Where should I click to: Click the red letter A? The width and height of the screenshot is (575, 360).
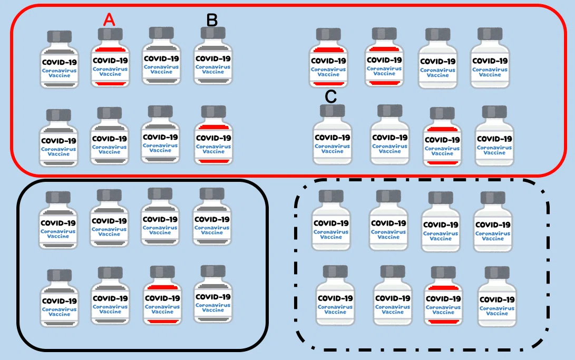(109, 20)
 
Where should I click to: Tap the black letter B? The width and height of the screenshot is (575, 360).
(212, 20)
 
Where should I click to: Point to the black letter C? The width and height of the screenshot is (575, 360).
(331, 97)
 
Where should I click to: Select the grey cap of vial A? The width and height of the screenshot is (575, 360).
(110, 34)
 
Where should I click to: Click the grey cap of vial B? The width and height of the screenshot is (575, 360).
(213, 33)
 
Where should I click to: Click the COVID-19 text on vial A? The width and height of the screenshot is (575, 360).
(110, 61)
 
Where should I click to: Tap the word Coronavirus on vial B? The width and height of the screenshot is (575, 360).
(213, 67)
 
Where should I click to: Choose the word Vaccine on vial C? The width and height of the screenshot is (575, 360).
(332, 151)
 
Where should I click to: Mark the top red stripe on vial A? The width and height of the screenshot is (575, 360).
(110, 50)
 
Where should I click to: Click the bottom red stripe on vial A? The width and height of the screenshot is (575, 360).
(110, 84)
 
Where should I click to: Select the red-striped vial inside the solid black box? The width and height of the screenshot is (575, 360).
(162, 296)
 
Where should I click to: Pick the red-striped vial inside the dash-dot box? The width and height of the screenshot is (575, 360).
(443, 296)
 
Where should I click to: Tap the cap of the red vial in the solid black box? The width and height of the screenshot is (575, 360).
(162, 272)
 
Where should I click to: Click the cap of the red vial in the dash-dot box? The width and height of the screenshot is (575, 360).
(443, 273)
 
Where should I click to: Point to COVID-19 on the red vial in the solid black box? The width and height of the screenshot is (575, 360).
(162, 298)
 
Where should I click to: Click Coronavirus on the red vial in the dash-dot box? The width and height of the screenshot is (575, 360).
(443, 308)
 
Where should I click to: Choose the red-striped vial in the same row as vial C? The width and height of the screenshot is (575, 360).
(442, 137)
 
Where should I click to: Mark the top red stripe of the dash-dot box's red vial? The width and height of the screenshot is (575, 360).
(443, 288)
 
